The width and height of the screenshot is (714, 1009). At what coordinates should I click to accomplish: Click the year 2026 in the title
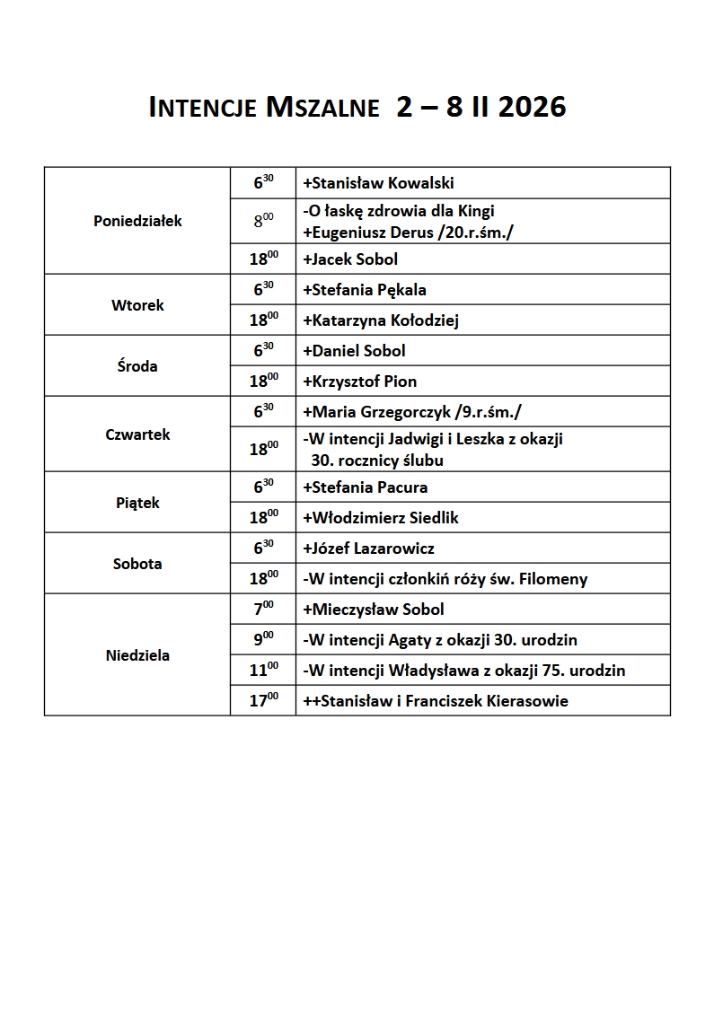(x=531, y=108)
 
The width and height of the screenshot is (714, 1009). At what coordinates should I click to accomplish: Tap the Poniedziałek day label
(x=137, y=221)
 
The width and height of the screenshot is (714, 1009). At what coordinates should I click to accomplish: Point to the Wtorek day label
(x=137, y=305)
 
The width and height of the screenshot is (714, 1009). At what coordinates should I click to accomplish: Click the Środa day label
(x=137, y=366)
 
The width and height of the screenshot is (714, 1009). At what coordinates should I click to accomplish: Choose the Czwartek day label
(x=137, y=434)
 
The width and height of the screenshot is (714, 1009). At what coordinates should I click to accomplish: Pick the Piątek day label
(x=137, y=503)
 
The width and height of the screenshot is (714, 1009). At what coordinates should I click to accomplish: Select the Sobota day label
(x=137, y=564)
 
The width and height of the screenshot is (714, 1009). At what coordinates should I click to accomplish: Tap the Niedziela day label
(x=137, y=655)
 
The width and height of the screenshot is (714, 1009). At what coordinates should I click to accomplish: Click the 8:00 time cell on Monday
(x=263, y=222)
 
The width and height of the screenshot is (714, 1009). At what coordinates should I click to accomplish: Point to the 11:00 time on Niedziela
(x=263, y=671)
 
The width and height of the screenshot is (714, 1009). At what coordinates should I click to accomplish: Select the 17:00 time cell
(x=263, y=701)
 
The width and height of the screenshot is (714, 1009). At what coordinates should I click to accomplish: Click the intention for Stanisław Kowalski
(x=378, y=183)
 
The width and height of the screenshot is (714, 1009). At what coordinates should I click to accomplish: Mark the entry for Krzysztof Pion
(x=360, y=382)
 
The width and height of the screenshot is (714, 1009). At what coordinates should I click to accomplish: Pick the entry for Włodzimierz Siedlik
(x=381, y=518)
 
